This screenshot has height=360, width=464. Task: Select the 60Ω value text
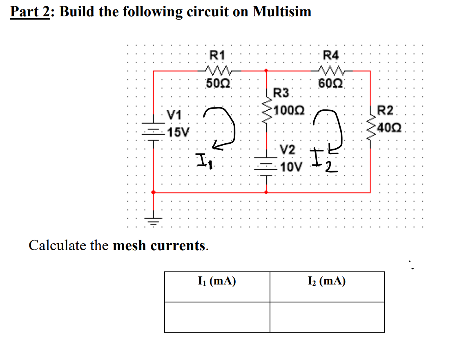(x=331, y=84)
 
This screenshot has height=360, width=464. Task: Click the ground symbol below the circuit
(x=154, y=222)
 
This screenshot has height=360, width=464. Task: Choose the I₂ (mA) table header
(x=327, y=282)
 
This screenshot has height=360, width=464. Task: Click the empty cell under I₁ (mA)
(x=217, y=317)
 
